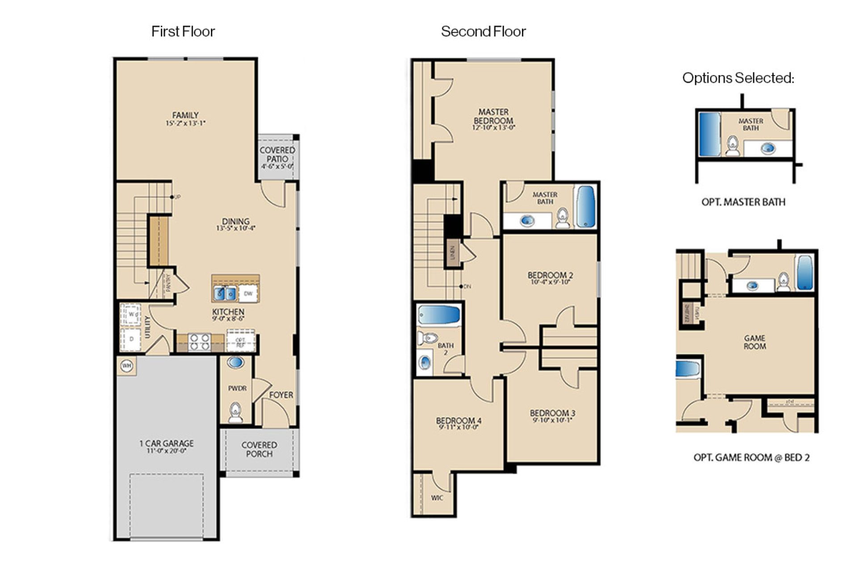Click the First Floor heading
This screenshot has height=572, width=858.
click(x=183, y=31)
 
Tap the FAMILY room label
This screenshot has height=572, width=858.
click(x=185, y=115)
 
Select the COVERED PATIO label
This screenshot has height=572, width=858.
click(x=277, y=155)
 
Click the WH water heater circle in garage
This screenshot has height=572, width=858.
click(x=127, y=366)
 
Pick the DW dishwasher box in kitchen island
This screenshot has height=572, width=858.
click(x=248, y=294)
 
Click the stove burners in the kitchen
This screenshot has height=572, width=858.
click(x=199, y=342)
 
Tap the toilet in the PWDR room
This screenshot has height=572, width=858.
click(x=235, y=412)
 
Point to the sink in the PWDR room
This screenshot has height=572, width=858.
click(x=235, y=362)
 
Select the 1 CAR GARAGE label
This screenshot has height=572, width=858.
click(x=166, y=443)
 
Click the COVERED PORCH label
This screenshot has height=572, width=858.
click(x=259, y=449)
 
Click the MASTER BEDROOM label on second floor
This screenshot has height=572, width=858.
click(x=493, y=116)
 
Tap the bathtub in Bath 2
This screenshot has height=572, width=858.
click(x=439, y=315)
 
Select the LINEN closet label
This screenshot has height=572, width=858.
click(x=452, y=252)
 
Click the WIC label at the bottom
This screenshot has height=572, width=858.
click(x=437, y=498)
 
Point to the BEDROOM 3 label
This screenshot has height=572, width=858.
click(x=552, y=413)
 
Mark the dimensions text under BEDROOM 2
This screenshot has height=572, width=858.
click(x=550, y=282)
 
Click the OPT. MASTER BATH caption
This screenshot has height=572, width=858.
click(x=743, y=202)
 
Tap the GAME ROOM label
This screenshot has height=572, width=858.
click(x=754, y=342)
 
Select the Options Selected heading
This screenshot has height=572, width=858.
click(x=738, y=78)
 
